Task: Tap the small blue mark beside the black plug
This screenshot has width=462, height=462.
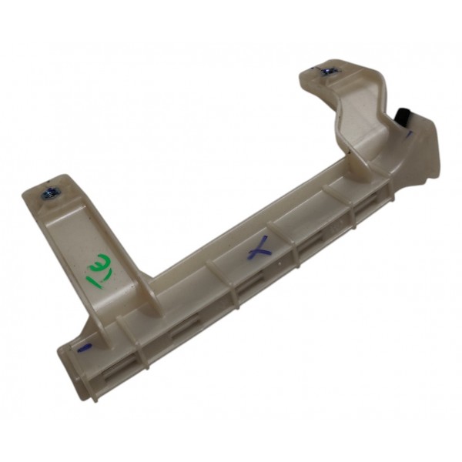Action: click(410, 133)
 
